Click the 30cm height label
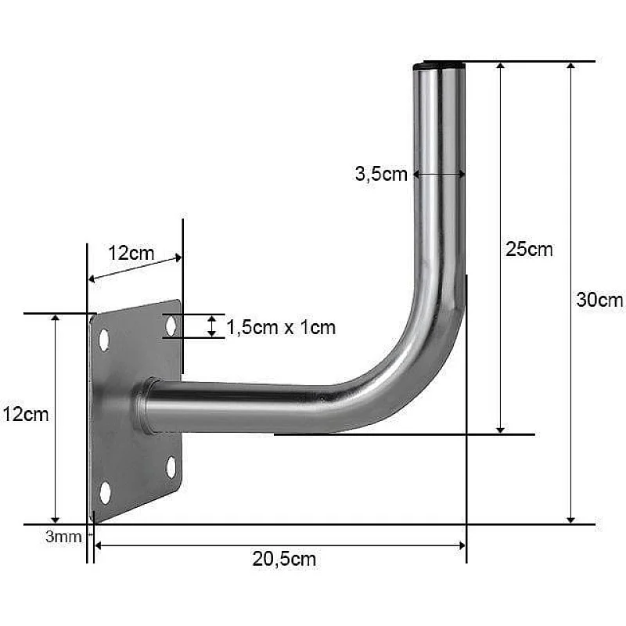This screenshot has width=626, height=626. pyautogui.click(x=599, y=299)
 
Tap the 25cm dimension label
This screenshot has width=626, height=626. pyautogui.click(x=529, y=250)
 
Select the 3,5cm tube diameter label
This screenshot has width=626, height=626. pyautogui.click(x=381, y=174)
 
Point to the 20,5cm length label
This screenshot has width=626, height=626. pyautogui.click(x=284, y=559)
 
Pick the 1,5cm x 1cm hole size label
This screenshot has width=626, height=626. pyautogui.click(x=281, y=327)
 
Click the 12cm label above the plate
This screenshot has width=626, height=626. pyautogui.click(x=131, y=253)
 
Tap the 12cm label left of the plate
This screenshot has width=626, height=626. pyautogui.click(x=25, y=414)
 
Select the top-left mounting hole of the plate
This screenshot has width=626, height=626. pyautogui.click(x=103, y=340)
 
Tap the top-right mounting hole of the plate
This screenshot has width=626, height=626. pyautogui.click(x=171, y=326)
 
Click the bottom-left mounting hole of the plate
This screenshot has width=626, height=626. pyautogui.click(x=105, y=493)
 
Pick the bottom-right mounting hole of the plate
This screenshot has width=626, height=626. pyautogui.click(x=171, y=467)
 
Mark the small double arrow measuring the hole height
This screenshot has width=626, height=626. pyautogui.click(x=211, y=326)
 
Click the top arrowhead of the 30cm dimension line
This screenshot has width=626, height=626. pyautogui.click(x=571, y=68)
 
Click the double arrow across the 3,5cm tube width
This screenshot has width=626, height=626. pyautogui.click(x=439, y=175)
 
